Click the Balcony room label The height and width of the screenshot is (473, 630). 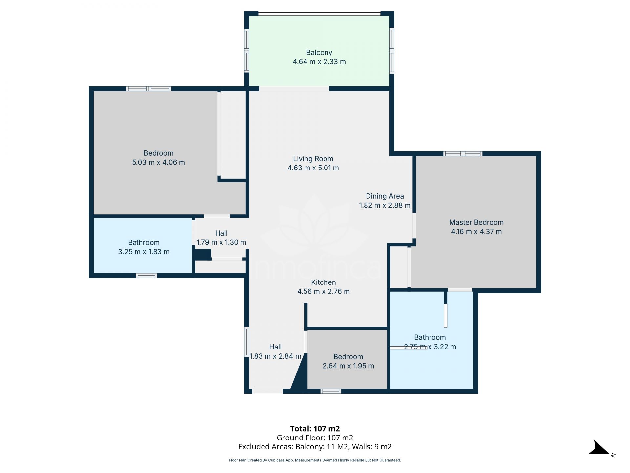pos(319,53)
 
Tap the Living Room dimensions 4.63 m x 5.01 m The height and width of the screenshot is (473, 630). pos(313,168)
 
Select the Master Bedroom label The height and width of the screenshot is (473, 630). pos(476,222)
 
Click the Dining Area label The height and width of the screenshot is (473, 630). pos(385,196)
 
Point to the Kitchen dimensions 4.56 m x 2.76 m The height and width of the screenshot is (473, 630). pos(323,291)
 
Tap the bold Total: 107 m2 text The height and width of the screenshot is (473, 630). pos(315,428)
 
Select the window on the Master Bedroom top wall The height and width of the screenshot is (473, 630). pos(463,154)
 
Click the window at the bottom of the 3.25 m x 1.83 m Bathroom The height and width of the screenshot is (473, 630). pos(146,276)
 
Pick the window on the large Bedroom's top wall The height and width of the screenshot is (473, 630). pos(149,89)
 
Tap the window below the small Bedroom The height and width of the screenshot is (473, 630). pos(331,391)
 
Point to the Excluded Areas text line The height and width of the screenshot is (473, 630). pos(315,447)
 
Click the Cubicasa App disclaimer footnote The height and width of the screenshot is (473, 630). pos(315,460)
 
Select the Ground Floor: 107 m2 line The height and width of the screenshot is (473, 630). pos(315,438)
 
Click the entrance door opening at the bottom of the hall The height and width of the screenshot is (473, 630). pos(267,391)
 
